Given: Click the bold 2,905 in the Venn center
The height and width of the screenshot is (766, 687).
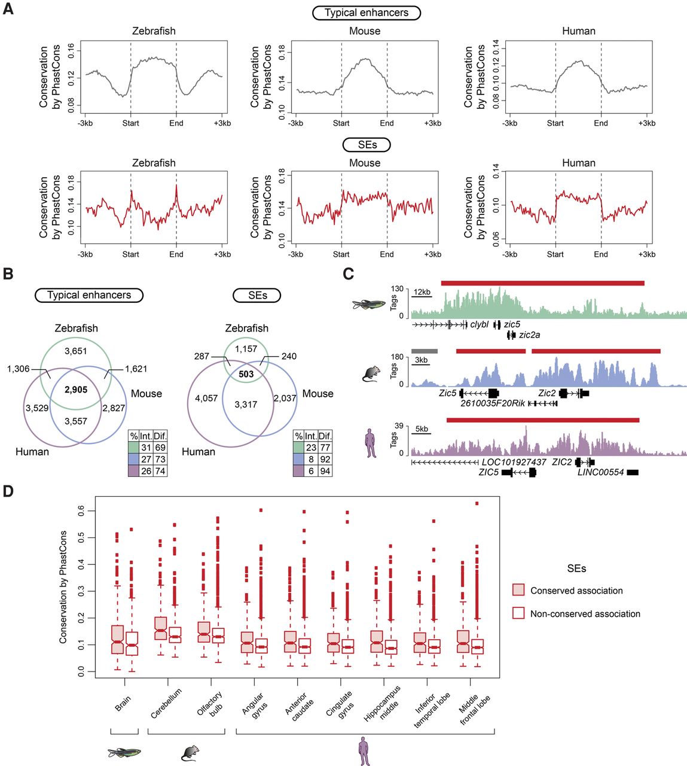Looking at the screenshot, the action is pos(76,390).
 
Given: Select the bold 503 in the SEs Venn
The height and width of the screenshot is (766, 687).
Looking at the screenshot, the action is pos(246,374).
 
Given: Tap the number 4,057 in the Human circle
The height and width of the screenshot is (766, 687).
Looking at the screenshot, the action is pos(206,398).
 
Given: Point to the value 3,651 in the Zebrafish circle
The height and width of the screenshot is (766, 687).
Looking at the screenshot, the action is pos(75,351).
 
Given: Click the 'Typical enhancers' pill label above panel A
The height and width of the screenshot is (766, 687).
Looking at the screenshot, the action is pos(366,13).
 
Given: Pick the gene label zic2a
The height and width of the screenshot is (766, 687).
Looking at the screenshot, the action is pos(529,335).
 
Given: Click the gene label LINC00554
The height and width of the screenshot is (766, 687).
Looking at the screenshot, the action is pos(600,472).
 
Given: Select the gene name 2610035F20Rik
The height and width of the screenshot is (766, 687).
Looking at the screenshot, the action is pos(493,403).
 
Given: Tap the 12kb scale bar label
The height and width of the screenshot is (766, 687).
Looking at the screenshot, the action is pos(422,292).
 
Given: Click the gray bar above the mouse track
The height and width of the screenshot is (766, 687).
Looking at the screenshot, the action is pos(425,351).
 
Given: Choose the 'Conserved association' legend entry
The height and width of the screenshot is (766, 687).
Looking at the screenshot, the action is pos(576,591).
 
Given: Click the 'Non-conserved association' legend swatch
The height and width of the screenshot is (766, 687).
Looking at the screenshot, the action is pos(518,613).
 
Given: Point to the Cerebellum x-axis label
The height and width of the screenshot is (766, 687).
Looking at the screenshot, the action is pos(166,703).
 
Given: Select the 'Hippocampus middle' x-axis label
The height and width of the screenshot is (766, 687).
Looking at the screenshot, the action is pos(383,704).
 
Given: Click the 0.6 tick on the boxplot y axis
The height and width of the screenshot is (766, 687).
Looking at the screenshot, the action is pos(81,511).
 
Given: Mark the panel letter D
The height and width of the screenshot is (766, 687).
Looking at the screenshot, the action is pos(8,491).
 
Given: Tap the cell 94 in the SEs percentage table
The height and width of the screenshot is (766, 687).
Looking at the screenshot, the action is pos(325,471).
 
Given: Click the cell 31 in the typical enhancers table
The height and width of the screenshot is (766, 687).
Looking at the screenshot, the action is pos(146,448).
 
